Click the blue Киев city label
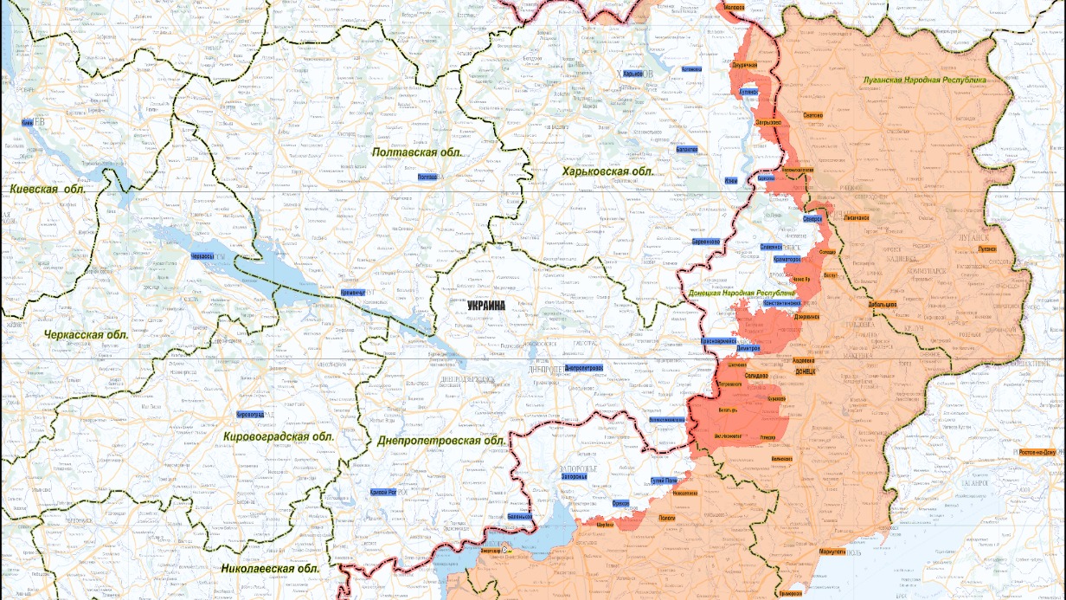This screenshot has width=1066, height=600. pos(27,124)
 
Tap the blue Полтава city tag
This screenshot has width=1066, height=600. pos(427,177)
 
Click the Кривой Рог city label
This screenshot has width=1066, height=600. pos(382,492)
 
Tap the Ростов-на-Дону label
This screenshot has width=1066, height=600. pos(1041,452)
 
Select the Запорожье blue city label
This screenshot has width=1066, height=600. pos(575,476)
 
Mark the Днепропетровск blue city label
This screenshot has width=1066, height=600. pos(583,368)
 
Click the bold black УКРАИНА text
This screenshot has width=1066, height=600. pos(486,305)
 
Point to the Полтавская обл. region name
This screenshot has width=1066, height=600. pos(417,152)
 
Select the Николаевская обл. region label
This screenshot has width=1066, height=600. pos(270,569)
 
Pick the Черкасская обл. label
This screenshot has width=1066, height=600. pos(85,334)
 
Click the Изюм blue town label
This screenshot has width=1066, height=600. pos(731,180)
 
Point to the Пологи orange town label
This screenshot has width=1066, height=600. pos(666,517)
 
